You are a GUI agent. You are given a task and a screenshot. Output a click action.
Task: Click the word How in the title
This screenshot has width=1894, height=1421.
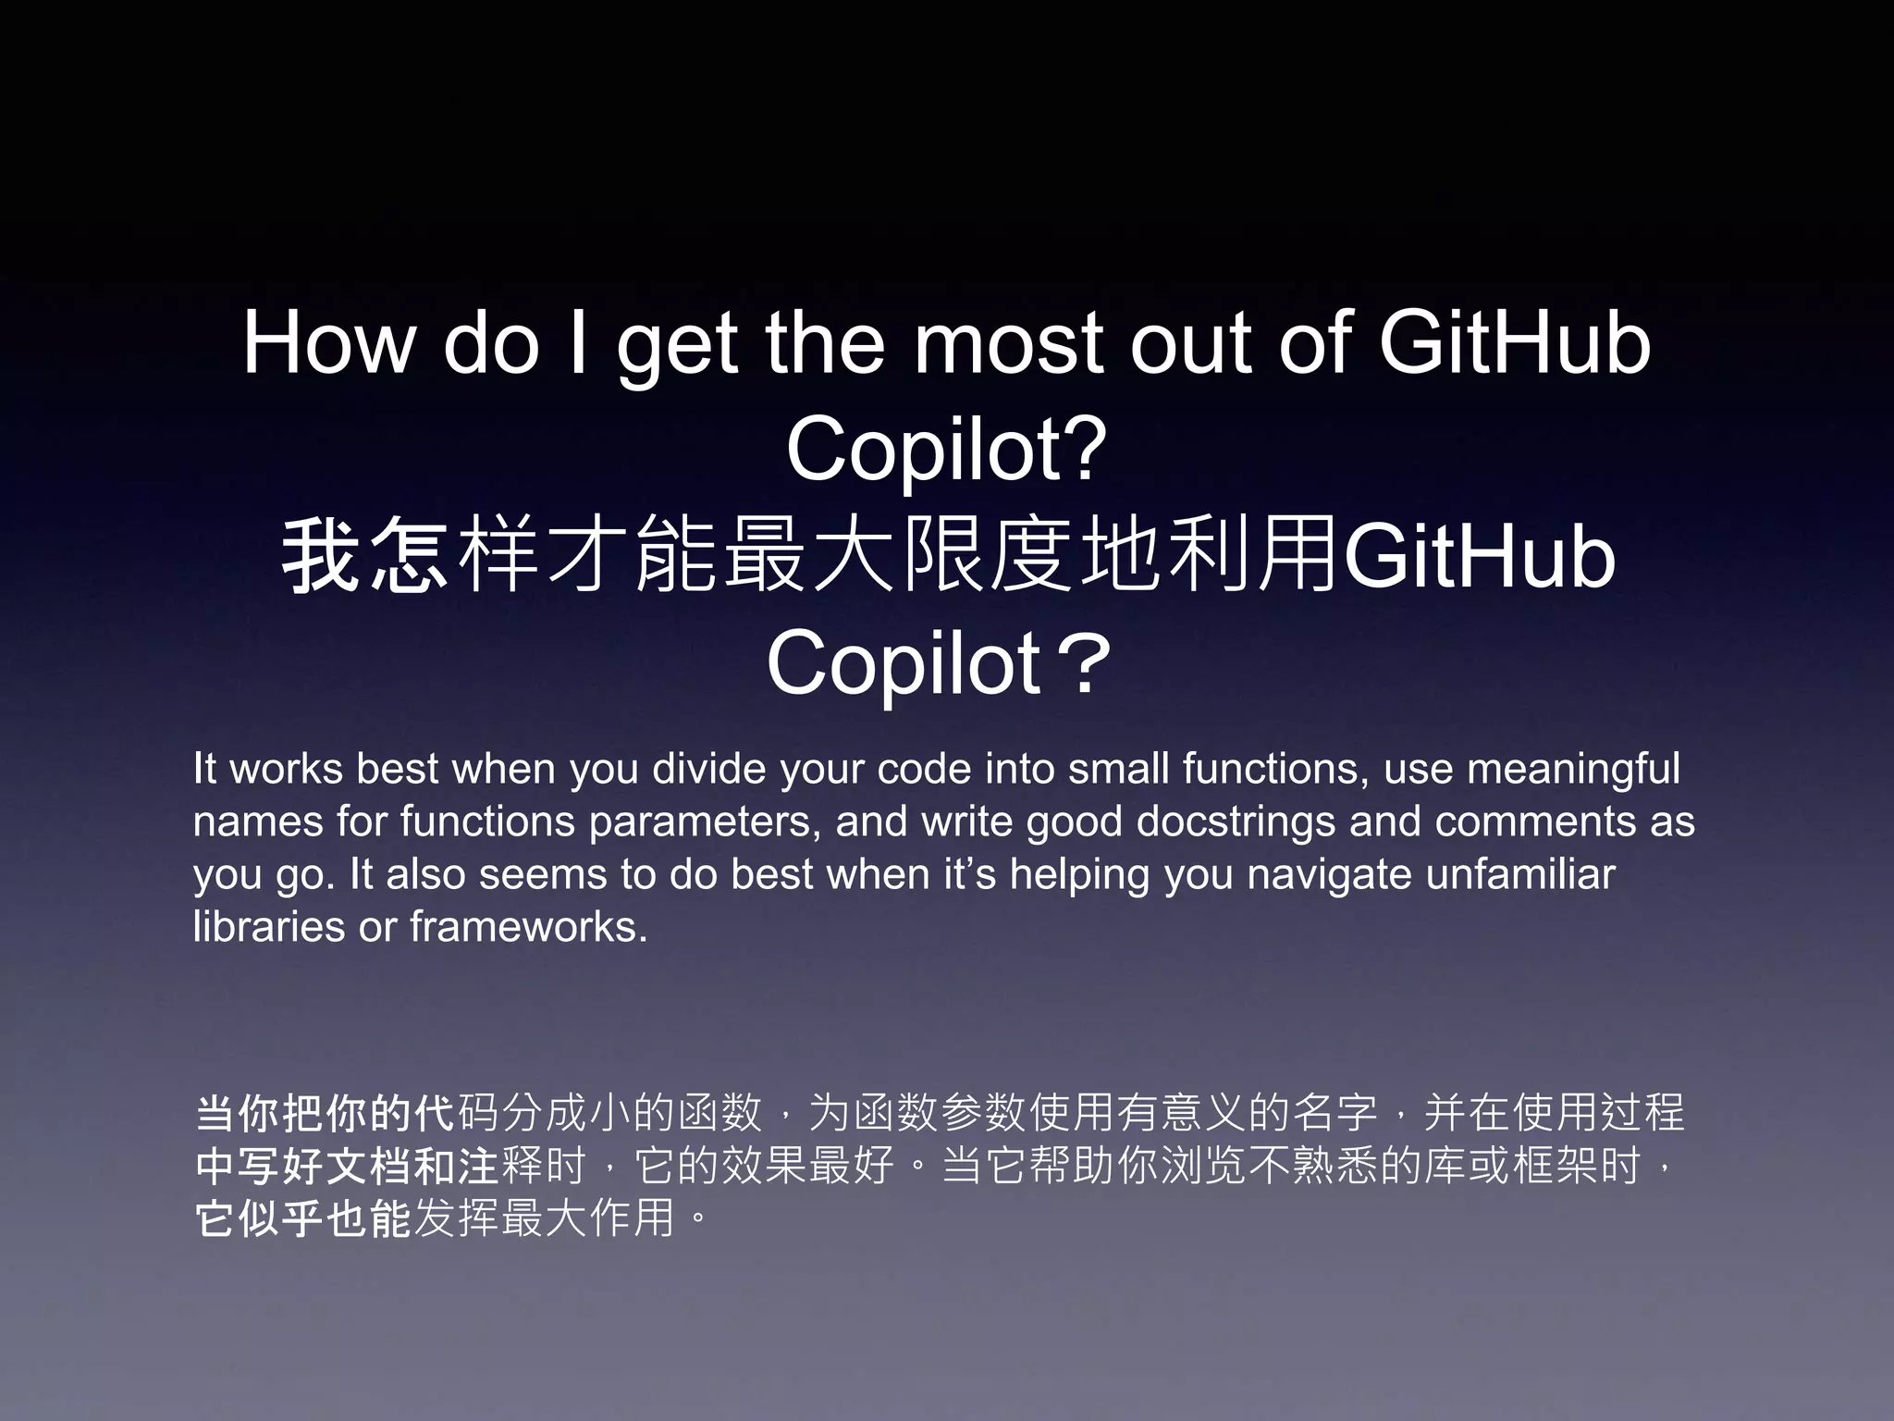pyautogui.click(x=328, y=343)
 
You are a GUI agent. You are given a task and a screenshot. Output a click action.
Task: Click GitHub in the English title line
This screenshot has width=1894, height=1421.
pyautogui.click(x=1514, y=343)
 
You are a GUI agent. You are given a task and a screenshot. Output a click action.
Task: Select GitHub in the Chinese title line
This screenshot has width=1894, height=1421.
pyautogui.click(x=1478, y=558)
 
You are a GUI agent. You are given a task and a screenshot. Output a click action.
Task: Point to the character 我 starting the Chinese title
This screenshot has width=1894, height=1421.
pyautogui.click(x=320, y=556)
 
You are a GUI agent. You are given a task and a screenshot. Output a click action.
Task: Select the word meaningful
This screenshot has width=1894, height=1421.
pyautogui.click(x=1573, y=769)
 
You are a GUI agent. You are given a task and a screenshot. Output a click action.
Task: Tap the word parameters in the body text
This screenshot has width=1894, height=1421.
pyautogui.click(x=705, y=822)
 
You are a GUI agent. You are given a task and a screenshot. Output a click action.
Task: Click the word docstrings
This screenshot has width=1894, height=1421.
pyautogui.click(x=1236, y=822)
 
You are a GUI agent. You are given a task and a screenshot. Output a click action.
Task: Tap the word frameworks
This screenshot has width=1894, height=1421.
pyautogui.click(x=528, y=927)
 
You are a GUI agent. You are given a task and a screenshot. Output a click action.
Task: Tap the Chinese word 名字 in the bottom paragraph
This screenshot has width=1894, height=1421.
pyautogui.click(x=1335, y=1113)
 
